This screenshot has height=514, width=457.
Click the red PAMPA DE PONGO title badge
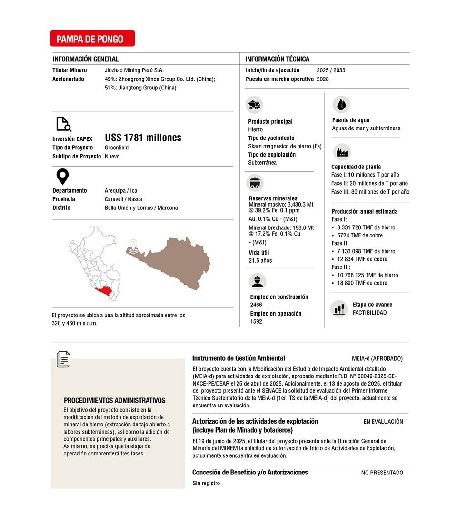(92, 39)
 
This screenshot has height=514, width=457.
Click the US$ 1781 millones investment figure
(143, 138)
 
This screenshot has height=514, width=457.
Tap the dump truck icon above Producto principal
(254, 105)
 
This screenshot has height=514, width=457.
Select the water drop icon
(341, 104)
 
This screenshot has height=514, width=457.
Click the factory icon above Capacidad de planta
(341, 152)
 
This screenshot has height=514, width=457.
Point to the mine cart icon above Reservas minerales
(255, 183)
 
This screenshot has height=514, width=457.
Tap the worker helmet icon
(257, 281)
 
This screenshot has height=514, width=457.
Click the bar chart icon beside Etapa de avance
(339, 308)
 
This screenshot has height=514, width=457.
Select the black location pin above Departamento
(62, 177)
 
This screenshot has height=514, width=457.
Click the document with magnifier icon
(63, 124)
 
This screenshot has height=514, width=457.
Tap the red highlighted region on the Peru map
(107, 292)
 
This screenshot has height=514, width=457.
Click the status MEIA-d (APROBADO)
(377, 358)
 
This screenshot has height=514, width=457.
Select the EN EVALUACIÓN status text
(383, 422)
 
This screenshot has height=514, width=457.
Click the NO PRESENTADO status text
(382, 473)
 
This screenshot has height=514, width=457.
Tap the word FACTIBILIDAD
(369, 313)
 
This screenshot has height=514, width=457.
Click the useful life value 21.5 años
(260, 261)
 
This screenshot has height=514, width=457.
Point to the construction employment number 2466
(256, 305)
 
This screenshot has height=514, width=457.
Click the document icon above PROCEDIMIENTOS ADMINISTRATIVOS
(63, 359)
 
